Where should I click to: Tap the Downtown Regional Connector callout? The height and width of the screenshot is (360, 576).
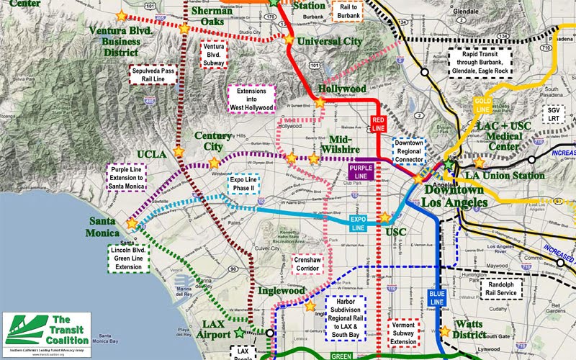tap(410, 151)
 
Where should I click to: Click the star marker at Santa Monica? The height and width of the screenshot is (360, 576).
tap(131, 224)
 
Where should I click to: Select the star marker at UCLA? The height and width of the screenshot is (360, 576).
tap(179, 153)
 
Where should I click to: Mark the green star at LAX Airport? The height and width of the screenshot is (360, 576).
tap(239, 333)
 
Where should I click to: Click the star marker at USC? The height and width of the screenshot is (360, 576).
tap(384, 217)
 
